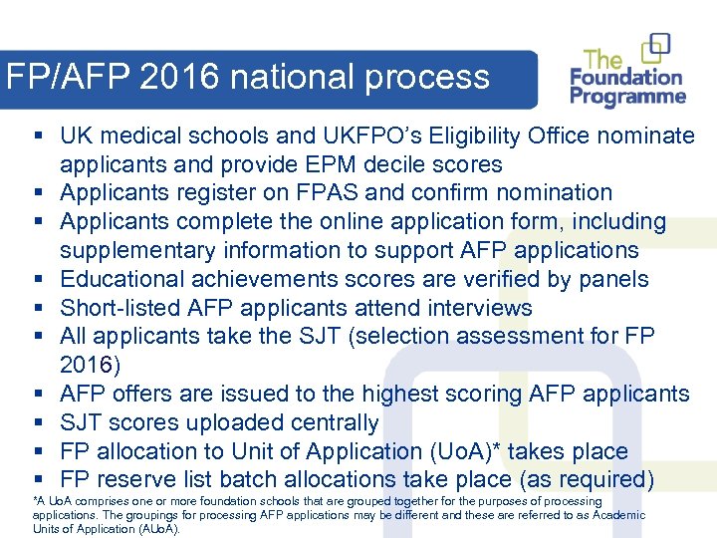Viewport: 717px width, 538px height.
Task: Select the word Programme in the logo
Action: pyautogui.click(x=627, y=98)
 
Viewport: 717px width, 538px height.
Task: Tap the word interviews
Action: pyautogui.click(x=474, y=308)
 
